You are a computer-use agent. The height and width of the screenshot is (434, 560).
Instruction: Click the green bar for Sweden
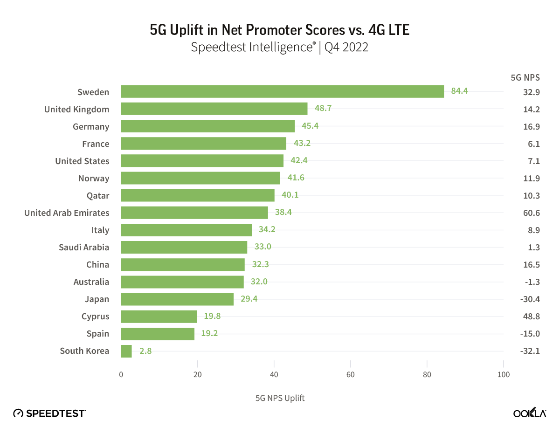point(282,91)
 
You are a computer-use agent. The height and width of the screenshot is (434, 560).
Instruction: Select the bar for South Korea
point(126,351)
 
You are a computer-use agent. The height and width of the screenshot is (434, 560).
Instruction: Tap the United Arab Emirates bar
point(194,213)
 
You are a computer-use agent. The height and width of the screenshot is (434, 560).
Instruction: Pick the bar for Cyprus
point(159,317)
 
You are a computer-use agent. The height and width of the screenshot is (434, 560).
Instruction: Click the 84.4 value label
point(459,91)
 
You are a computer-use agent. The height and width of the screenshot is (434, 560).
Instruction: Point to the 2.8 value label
point(145,351)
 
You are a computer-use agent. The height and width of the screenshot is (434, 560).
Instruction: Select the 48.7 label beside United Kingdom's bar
point(323,109)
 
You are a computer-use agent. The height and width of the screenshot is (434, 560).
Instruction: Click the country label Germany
point(91,126)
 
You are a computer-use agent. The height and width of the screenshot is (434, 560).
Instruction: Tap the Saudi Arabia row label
point(84,247)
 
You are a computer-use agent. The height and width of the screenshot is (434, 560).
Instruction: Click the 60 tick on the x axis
point(351,375)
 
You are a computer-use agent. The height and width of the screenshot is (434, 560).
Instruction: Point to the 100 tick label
point(503,375)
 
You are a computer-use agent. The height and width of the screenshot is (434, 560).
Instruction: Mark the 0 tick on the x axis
point(121,375)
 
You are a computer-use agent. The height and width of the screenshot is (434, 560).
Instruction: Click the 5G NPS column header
point(525,77)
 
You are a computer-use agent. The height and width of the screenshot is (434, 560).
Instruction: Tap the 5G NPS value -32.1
point(530,351)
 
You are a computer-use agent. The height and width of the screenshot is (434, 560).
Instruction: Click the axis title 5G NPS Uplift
point(280,398)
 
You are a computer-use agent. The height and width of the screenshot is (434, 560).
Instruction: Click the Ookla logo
point(530,413)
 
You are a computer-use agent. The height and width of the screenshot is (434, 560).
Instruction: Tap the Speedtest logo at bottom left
point(49,413)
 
